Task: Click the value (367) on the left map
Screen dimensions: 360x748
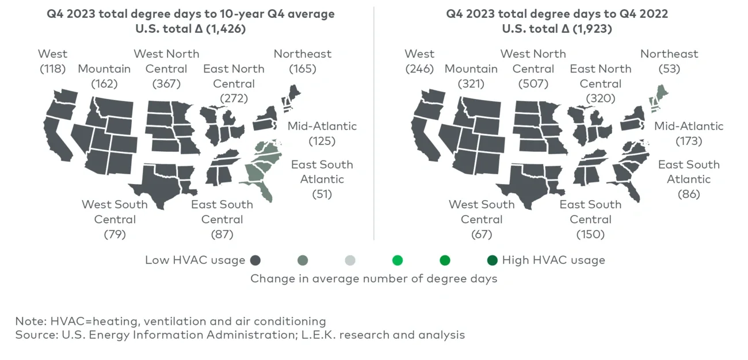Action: click(x=166, y=84)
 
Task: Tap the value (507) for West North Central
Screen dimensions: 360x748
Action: click(x=533, y=84)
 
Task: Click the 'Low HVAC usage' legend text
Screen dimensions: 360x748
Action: click(x=195, y=261)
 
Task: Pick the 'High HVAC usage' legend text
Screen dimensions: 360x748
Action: click(x=554, y=261)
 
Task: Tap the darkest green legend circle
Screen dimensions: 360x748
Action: click(x=492, y=261)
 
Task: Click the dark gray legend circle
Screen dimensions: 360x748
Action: click(x=255, y=261)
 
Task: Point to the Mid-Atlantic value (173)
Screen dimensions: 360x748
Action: click(x=689, y=141)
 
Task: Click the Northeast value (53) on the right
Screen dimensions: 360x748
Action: click(x=669, y=69)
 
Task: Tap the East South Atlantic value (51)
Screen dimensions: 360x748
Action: click(x=322, y=194)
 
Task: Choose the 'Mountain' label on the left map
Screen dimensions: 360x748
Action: click(x=104, y=69)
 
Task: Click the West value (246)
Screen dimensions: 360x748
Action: click(x=419, y=69)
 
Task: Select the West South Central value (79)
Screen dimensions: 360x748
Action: click(x=115, y=234)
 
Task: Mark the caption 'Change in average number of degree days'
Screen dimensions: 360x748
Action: click(x=373, y=278)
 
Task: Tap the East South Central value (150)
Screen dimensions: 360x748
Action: click(x=590, y=234)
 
